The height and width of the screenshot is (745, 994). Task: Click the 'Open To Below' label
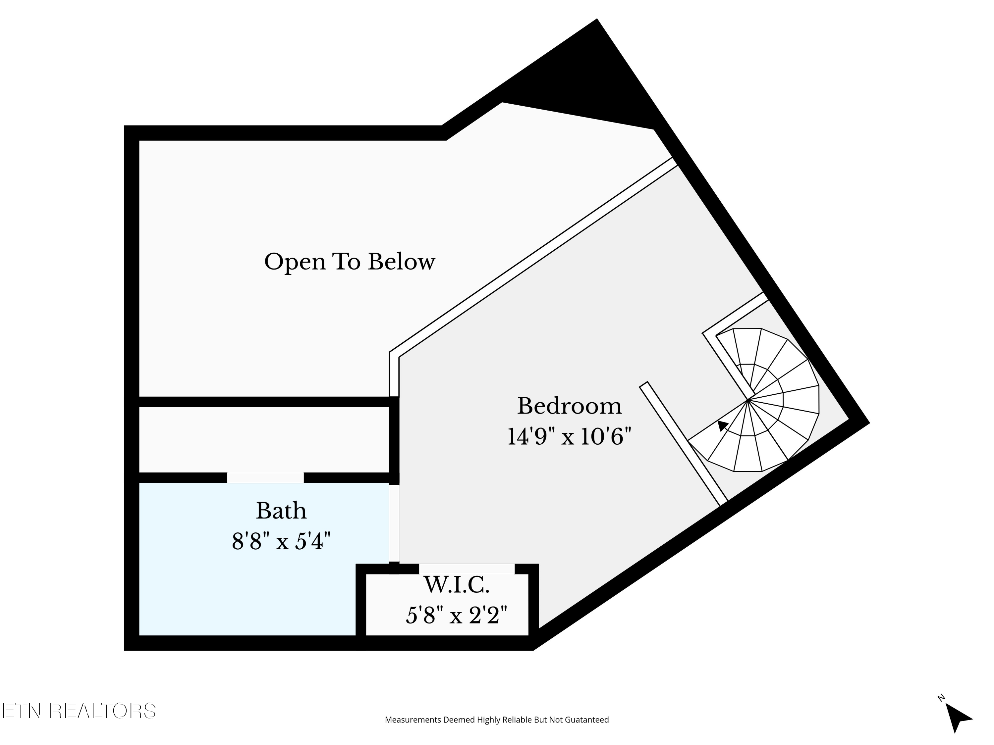point(349,262)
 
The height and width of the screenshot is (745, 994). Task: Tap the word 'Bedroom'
point(569,406)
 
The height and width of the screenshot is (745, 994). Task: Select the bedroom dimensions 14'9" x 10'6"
point(569,436)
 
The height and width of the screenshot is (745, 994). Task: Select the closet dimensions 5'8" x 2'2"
point(457,615)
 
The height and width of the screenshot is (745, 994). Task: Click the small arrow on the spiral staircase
point(722,425)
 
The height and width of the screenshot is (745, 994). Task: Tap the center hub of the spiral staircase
point(748,399)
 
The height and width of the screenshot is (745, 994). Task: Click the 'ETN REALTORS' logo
point(79,711)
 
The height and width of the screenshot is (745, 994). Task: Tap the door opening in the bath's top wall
point(265,477)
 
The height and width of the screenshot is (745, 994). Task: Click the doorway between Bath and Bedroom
point(394,523)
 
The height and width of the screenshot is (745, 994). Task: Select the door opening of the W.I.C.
point(467,569)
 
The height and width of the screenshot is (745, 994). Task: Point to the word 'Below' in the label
point(402,262)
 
